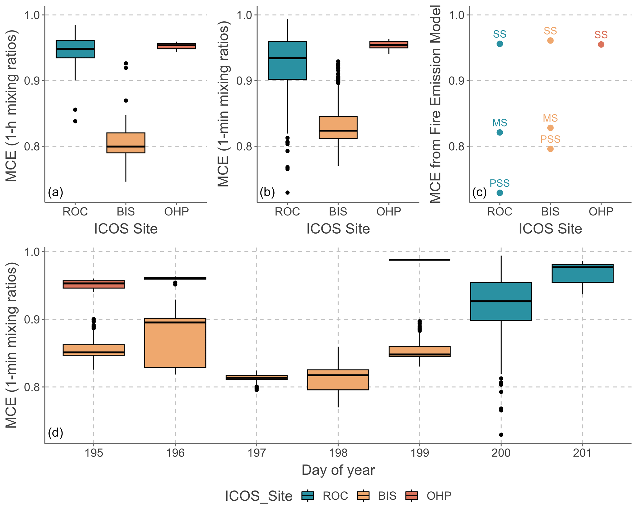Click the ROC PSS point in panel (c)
(500, 193)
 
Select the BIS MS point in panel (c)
(550, 128)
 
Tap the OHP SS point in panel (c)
(601, 44)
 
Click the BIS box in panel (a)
(126, 143)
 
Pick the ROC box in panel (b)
(287, 60)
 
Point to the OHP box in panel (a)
(176, 46)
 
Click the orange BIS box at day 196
(175, 343)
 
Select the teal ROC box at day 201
(582, 273)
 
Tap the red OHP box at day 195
(94, 284)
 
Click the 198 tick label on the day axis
(338, 453)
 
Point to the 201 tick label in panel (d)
(582, 453)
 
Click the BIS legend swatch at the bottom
(363, 495)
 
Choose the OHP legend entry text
(439, 496)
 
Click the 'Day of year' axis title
(338, 470)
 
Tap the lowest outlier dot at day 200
(501, 435)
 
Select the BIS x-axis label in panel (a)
(126, 212)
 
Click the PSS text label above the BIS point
(550, 139)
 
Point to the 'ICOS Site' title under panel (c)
(550, 229)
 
